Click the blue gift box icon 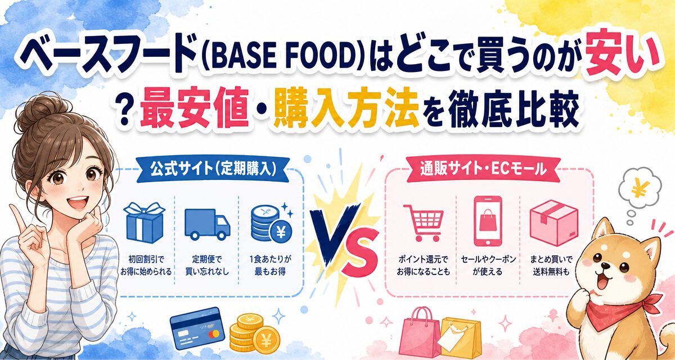point(145,223)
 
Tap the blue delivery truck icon point(207,224)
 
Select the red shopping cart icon point(424,223)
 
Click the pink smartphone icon point(488,221)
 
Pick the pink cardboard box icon point(553,223)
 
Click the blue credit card point(197,328)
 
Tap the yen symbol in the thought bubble point(638,188)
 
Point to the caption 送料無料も point(551,272)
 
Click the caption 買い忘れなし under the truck point(207,272)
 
